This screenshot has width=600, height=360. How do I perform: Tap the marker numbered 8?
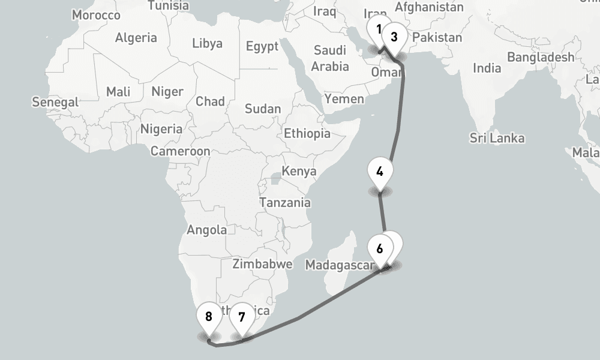(209, 317)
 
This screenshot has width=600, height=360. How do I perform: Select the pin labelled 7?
(242, 317)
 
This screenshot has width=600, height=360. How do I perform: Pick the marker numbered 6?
(380, 247)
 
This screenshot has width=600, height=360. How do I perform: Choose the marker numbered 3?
(394, 37)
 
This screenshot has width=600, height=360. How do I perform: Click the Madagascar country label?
(340, 265)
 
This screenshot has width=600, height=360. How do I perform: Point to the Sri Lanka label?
(497, 139)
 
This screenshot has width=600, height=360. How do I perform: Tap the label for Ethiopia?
(307, 133)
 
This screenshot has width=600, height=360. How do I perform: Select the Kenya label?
(299, 172)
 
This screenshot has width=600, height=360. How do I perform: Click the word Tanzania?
(285, 203)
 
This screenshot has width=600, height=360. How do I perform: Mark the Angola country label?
(207, 229)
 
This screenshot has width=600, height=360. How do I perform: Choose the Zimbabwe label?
(262, 264)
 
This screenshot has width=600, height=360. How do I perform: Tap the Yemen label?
(344, 99)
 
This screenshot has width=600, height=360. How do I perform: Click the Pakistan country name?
(437, 38)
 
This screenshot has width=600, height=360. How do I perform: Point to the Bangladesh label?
(540, 58)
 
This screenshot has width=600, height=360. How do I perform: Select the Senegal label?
(55, 103)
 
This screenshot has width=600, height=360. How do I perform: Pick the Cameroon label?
(180, 152)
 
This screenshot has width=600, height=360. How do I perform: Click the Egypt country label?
(262, 47)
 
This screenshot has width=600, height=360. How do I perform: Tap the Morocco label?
(96, 14)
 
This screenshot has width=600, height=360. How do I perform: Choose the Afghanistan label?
(429, 8)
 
